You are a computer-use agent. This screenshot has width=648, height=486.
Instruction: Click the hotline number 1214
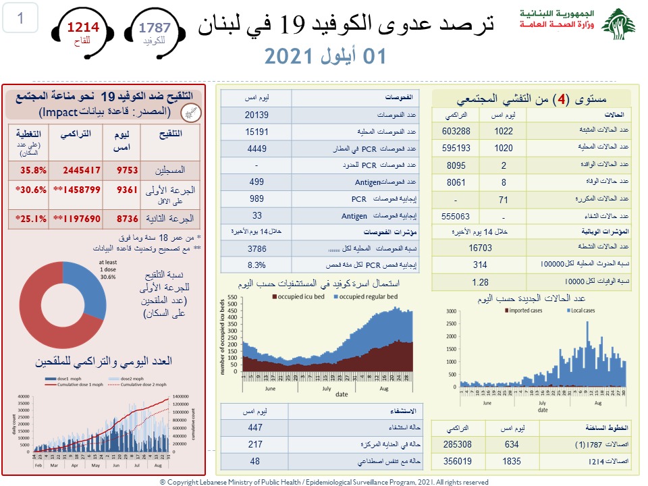82,27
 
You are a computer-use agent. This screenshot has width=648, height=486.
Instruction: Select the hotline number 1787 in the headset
155,28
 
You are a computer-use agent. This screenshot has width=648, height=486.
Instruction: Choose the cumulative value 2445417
76,170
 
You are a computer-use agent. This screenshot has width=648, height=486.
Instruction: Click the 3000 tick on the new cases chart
451,312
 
